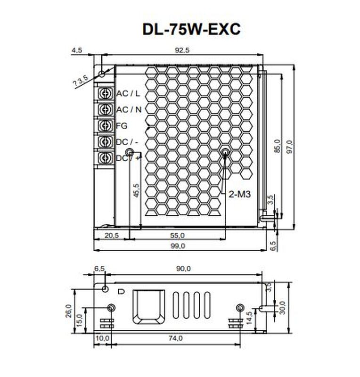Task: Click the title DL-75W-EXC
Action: [x=191, y=29]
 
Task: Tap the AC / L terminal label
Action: [x=128, y=93]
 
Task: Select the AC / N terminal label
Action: [x=129, y=109]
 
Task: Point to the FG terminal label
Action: [x=122, y=125]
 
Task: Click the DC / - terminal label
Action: [x=127, y=141]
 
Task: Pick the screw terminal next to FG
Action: [x=106, y=125]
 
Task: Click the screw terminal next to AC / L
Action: [x=106, y=93]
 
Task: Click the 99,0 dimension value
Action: [x=178, y=246]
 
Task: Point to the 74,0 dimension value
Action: [x=175, y=338]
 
